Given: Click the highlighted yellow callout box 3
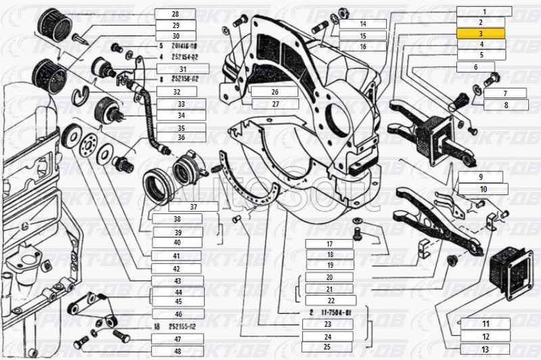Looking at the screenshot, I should click(x=481, y=33).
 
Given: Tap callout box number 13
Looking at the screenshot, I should click(x=466, y=348).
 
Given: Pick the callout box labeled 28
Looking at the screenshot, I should click(x=174, y=14).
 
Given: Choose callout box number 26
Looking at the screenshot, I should click(x=274, y=92).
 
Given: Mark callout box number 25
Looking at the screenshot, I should click(x=327, y=346).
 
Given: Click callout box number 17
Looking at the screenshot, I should click(x=329, y=244).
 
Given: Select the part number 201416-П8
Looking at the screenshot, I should click(x=183, y=47).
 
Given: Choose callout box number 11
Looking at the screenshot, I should click(x=466, y=325).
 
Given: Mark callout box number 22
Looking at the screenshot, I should click(x=329, y=300).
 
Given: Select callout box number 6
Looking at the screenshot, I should click(x=475, y=67).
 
